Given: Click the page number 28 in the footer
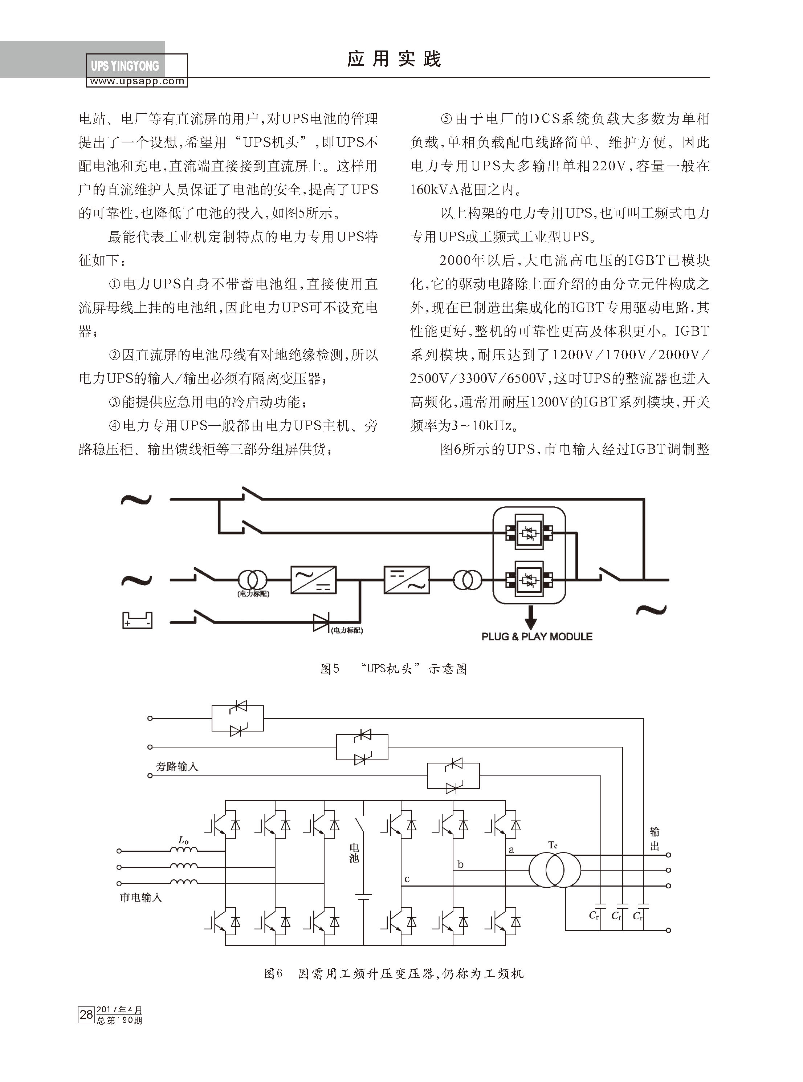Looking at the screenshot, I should (86, 1014).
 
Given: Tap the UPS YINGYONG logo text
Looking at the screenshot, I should (125, 66).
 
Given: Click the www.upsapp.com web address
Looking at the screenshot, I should (137, 82).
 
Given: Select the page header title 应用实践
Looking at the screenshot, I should (394, 59).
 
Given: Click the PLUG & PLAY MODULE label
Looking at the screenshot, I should (537, 637).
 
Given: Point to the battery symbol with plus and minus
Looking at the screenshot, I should (137, 620).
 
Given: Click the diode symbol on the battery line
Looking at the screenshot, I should (321, 622).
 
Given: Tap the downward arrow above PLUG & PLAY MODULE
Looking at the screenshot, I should (531, 617).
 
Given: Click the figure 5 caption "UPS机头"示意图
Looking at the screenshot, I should (394, 669).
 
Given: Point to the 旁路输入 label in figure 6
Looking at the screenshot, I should (177, 767).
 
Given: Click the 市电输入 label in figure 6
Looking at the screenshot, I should (141, 897).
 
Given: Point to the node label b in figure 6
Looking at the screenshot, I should (460, 865).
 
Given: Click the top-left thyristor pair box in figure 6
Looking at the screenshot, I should (238, 718).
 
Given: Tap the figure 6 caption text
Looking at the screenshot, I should (394, 973).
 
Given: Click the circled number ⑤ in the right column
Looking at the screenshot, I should (446, 119).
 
